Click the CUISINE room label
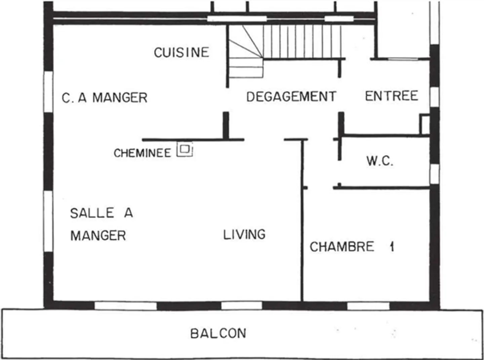pyautogui.click(x=182, y=52)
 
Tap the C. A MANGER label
pyautogui.click(x=105, y=98)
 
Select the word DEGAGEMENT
pyautogui.click(x=291, y=97)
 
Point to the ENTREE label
pyautogui.click(x=392, y=96)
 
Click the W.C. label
pyautogui.click(x=380, y=161)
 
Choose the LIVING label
pyautogui.click(x=244, y=235)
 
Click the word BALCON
pyautogui.click(x=218, y=333)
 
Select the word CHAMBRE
pyautogui.click(x=342, y=247)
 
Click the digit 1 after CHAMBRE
pyautogui.click(x=392, y=247)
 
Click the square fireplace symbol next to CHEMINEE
pyautogui.click(x=185, y=149)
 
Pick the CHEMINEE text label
pyautogui.click(x=142, y=153)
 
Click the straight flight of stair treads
pyautogui.click(x=302, y=42)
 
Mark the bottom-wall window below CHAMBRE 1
pyautogui.click(x=368, y=306)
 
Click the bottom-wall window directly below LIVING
pyautogui.click(x=241, y=306)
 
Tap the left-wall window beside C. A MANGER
pyautogui.click(x=48, y=91)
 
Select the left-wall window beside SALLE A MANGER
pyautogui.click(x=48, y=221)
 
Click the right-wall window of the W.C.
pyautogui.click(x=435, y=174)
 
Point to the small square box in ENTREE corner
pyautogui.click(x=425, y=124)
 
